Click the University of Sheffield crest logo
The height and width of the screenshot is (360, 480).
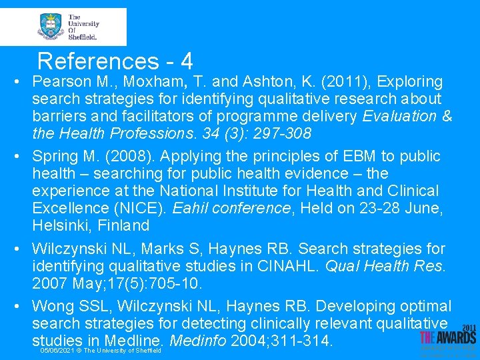(x=51, y=26)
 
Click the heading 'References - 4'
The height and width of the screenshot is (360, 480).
(x=115, y=61)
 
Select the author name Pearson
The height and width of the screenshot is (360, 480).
(x=59, y=82)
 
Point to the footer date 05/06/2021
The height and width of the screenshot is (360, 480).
(x=57, y=351)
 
